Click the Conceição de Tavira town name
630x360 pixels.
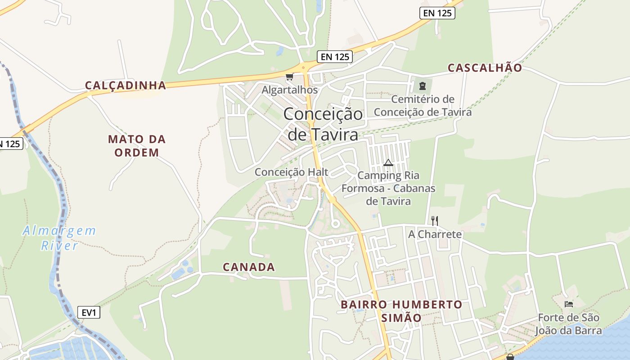point(323,124)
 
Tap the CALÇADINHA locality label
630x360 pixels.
point(126,85)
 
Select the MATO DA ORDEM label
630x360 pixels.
point(137,146)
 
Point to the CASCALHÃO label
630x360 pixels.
point(485,68)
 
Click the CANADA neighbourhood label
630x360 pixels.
point(249,267)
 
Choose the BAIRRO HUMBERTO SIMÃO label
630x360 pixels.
point(401,311)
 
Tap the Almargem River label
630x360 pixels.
point(59,238)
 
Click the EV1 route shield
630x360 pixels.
point(89,312)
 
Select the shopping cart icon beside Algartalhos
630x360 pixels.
point(289,77)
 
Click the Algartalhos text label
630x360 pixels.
point(290,90)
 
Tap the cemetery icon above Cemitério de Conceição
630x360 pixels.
point(422,85)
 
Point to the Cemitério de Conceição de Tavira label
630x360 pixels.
point(423,106)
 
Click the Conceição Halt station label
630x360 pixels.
point(292,172)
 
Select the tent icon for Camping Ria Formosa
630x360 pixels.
point(388,162)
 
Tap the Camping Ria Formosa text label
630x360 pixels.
point(388,188)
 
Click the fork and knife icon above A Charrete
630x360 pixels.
point(434,220)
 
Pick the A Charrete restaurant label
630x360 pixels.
point(435,234)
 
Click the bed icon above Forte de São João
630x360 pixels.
point(569,304)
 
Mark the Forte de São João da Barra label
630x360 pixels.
point(568,324)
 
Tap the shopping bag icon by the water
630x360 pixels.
point(510,357)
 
